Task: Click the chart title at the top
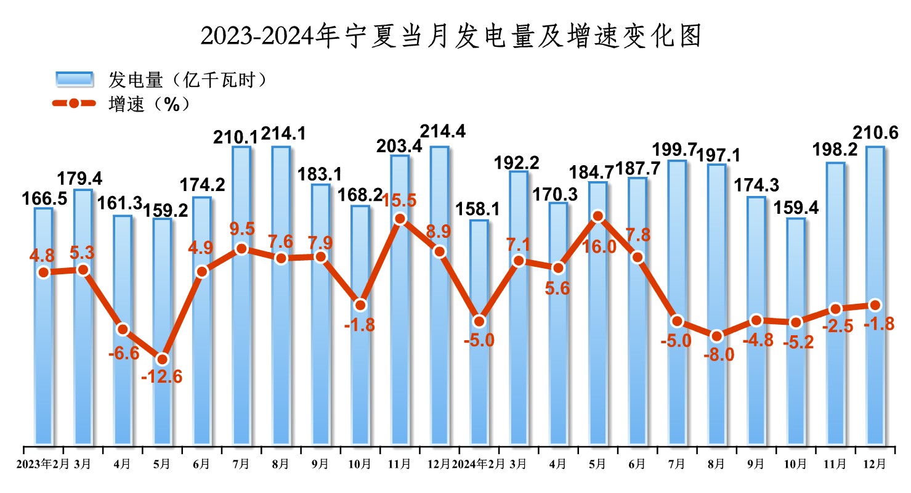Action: [451, 37]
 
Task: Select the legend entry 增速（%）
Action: [148, 104]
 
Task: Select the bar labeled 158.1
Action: [479, 333]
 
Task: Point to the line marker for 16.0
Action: [597, 216]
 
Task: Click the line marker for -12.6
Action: [162, 359]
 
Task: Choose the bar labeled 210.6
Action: [875, 296]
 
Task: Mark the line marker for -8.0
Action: [716, 336]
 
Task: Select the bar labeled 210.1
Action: [241, 296]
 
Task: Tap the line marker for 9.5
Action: [241, 249]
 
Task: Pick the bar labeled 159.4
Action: [795, 333]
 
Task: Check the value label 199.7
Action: [677, 150]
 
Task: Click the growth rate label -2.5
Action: [836, 327]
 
